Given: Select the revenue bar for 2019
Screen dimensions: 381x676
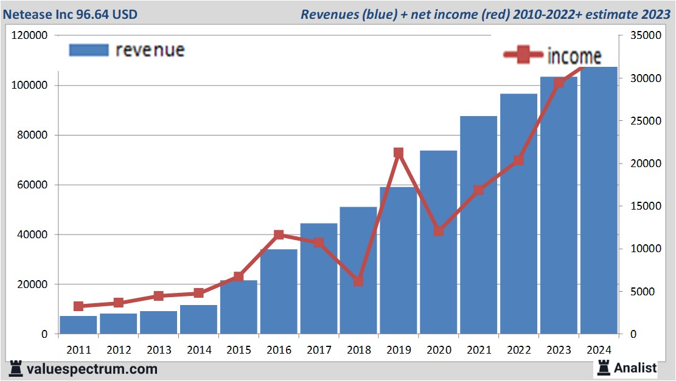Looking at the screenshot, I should tap(398, 261).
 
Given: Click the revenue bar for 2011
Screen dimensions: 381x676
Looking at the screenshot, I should tap(78, 324).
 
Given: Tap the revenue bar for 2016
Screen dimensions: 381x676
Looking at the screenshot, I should tap(279, 292).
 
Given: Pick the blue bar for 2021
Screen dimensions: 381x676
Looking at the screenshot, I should tap(478, 225).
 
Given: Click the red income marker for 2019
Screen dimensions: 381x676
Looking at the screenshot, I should tap(399, 153).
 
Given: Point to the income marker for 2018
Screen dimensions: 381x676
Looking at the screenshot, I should tap(358, 281).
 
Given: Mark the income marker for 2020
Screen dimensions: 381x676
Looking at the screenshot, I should tap(439, 232).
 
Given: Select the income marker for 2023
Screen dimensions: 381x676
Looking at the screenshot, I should tap(559, 83).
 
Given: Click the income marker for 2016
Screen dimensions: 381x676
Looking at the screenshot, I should tap(279, 235).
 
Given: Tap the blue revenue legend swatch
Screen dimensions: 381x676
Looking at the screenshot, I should tap(88, 50).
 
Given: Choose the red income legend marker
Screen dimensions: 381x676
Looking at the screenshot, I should tap(523, 55).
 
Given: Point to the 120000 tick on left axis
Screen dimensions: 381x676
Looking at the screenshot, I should tap(30, 36).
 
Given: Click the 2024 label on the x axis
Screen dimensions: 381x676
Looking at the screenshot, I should tap(599, 350).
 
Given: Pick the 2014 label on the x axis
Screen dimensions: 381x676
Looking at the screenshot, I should tap(199, 350).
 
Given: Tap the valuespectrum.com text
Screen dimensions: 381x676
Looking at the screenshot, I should tap(92, 369).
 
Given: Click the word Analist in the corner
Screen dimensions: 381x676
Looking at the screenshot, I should tap(635, 368).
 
